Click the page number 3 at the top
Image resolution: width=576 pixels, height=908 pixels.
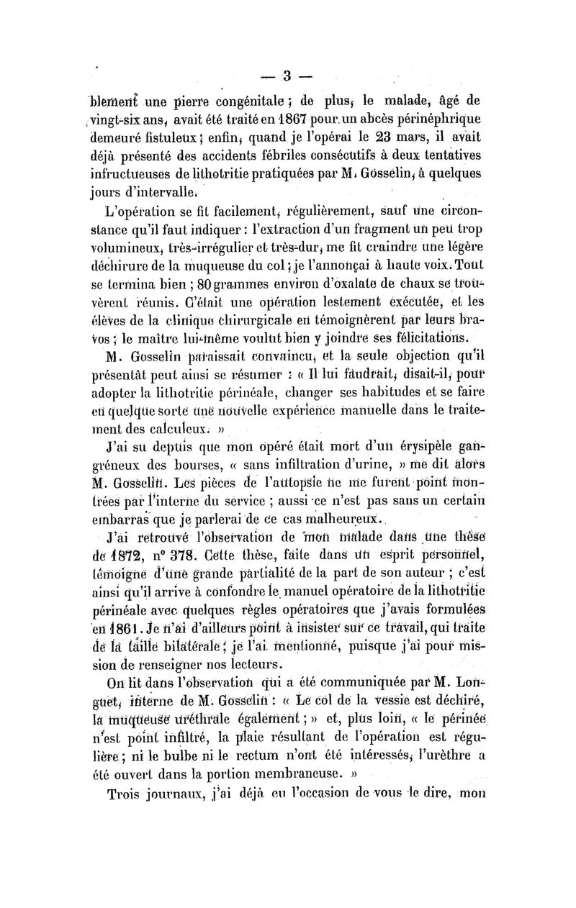286,76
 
